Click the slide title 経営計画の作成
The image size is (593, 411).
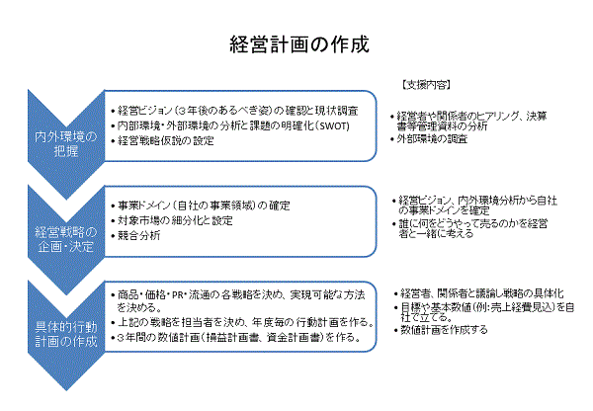tap(299, 45)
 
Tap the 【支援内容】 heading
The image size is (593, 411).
tap(426, 85)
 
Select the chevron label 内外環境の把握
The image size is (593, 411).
tap(66, 143)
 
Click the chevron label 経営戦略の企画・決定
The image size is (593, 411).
tap(66, 239)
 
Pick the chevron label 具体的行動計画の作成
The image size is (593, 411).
tap(66, 334)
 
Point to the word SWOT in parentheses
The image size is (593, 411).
tap(334, 125)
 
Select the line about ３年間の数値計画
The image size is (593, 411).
tap(236, 337)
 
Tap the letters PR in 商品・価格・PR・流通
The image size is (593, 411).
tap(178, 295)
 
